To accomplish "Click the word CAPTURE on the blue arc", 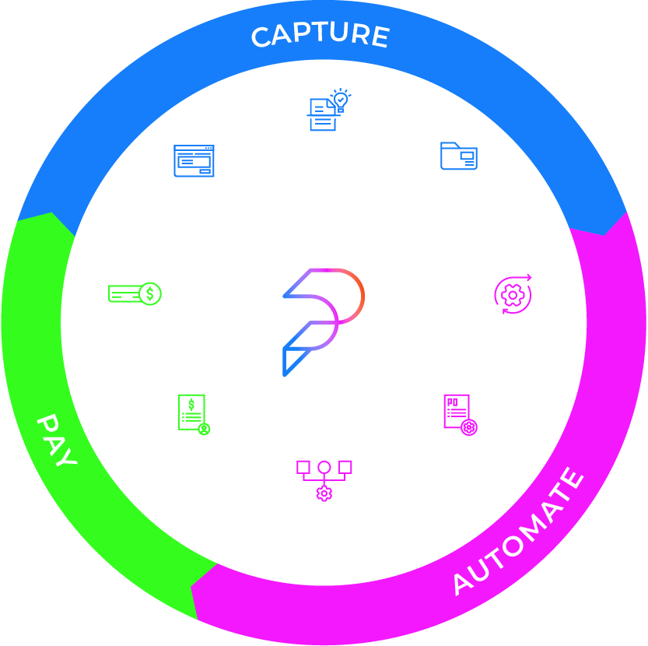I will point(320,36).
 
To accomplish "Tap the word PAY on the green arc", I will point(58,441).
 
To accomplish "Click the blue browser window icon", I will point(194,161).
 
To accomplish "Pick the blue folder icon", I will point(458,156).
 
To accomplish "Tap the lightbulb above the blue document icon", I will point(341,100).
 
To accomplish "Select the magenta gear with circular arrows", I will point(513,295).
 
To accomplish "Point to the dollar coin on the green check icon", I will point(150,294).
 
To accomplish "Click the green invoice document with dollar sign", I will point(191,411).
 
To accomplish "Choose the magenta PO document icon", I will point(457,410).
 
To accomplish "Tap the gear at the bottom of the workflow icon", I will point(324,493).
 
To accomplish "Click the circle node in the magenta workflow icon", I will point(324,468).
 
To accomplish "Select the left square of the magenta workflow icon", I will point(303,467).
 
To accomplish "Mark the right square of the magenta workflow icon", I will point(345,467).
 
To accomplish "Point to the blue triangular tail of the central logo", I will point(290,360).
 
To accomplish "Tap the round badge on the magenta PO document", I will point(468,427).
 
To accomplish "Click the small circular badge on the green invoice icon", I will point(204,427).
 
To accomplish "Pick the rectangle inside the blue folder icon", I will point(467,156).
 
